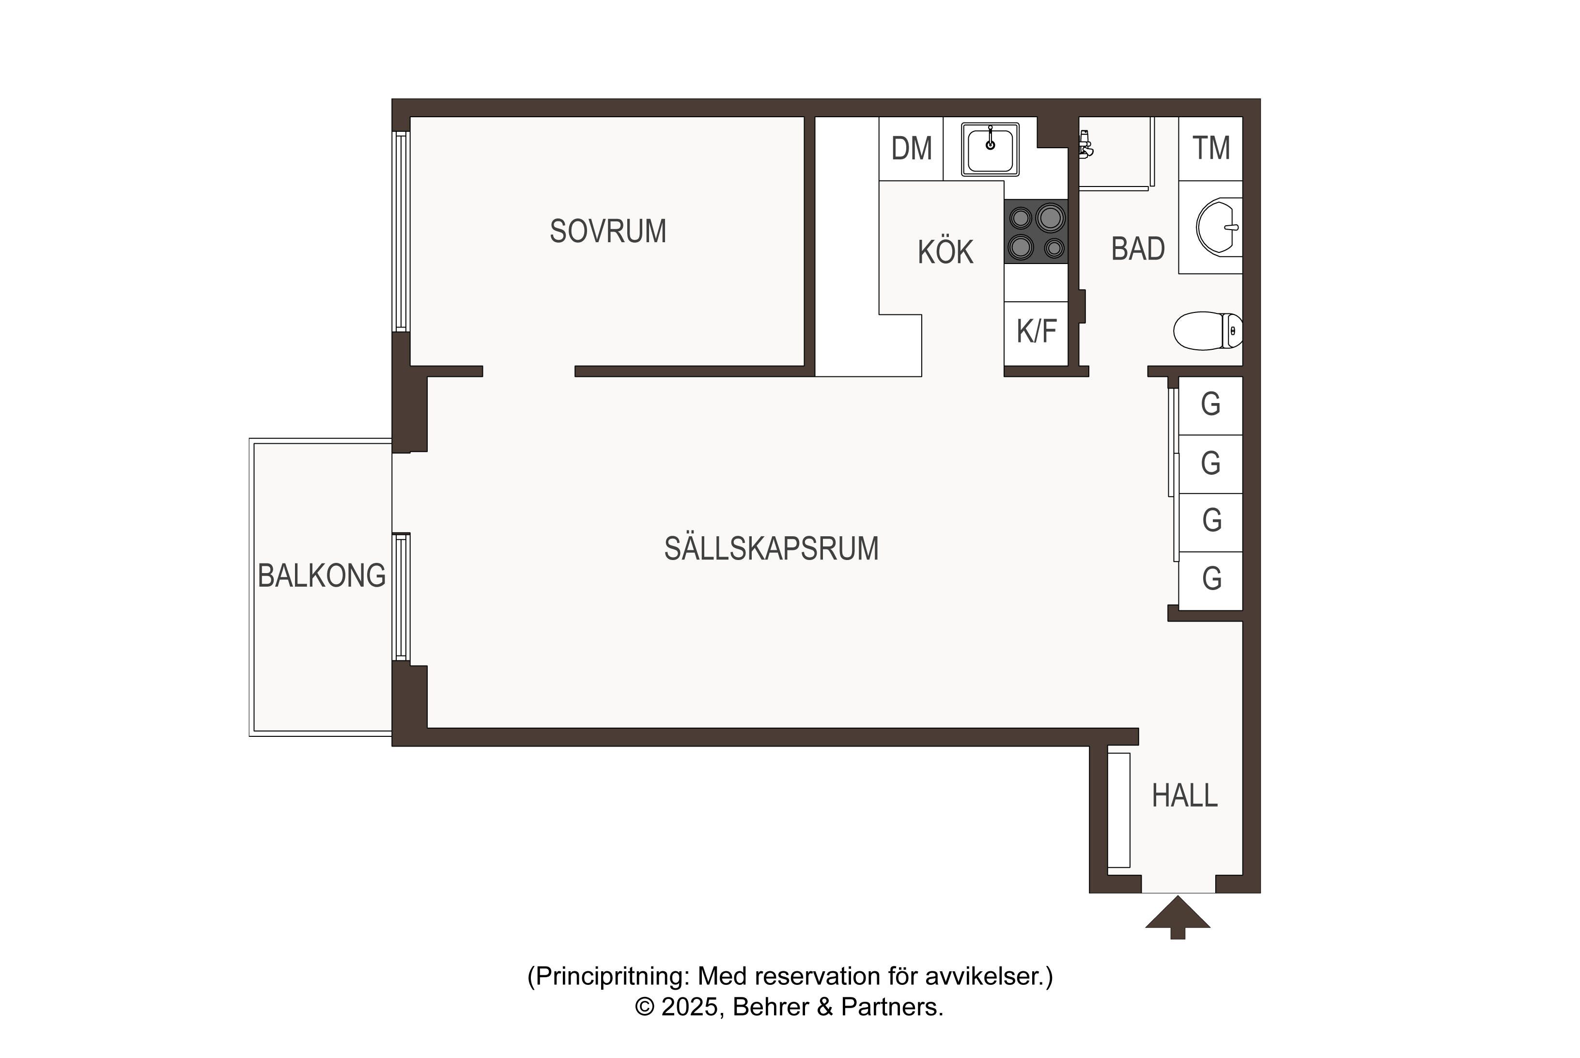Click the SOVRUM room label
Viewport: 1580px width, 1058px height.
coord(608,232)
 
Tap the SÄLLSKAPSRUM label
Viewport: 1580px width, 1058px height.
coord(771,548)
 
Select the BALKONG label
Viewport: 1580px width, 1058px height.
coord(322,576)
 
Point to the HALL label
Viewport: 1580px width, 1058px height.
coord(1185,796)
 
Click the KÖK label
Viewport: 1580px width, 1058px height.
coord(945,252)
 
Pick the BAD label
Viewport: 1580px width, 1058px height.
coord(1138,249)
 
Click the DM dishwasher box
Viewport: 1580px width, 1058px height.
coord(911,148)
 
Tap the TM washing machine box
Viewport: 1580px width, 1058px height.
coord(1210,148)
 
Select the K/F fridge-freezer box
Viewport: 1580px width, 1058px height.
coord(1036,333)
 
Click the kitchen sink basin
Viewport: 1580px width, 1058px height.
coord(990,150)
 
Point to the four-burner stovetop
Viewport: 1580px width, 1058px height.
coord(1036,232)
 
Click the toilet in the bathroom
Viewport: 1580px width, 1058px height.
coord(1208,330)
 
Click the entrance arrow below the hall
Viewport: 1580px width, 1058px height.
coord(1177,917)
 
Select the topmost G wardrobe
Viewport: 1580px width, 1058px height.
coord(1210,405)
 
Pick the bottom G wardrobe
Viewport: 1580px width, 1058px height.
coord(1210,581)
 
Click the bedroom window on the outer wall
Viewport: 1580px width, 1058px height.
coord(402,232)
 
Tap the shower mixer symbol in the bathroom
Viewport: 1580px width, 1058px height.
coord(1085,144)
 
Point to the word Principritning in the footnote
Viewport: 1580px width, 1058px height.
coord(611,976)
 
